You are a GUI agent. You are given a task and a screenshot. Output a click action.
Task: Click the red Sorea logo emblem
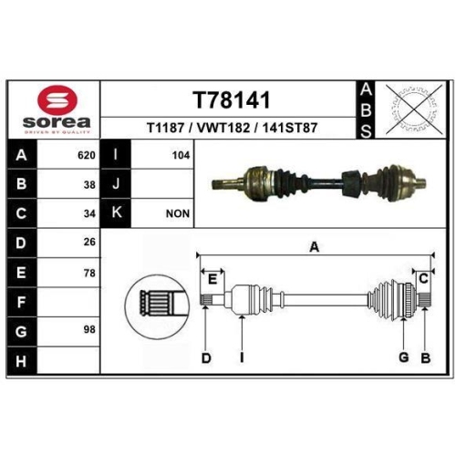coord(57,100)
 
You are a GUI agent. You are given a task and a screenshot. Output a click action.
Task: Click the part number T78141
coord(232,99)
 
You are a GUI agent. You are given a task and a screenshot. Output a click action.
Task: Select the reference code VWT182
coord(223,128)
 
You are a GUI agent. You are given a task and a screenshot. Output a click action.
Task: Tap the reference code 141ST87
coord(290,128)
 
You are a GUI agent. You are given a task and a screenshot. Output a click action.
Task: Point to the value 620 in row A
coord(87,155)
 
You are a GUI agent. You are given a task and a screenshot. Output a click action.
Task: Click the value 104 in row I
coord(181,155)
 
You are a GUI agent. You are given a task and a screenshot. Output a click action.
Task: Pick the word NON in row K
coord(178,213)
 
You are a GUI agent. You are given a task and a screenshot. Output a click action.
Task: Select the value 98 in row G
coord(89,329)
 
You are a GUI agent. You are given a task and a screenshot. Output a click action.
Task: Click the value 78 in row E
coord(89,274)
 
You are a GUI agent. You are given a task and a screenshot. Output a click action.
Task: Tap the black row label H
coord(22,360)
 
